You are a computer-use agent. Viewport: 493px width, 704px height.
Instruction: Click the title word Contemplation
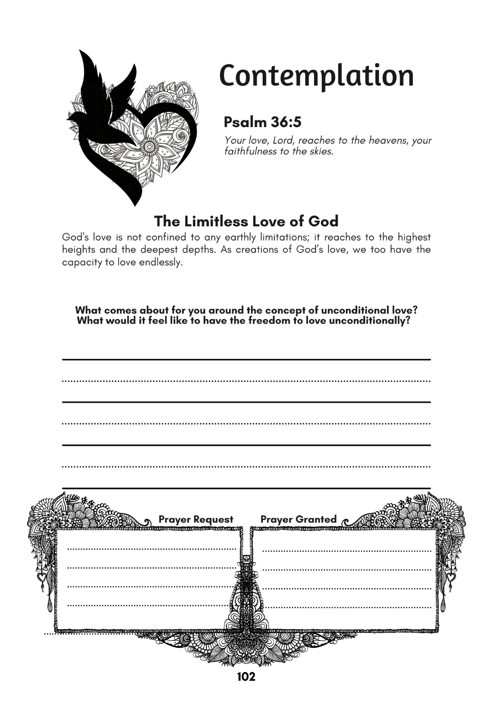pos(316,76)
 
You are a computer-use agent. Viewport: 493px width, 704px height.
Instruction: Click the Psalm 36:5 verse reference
pos(262,122)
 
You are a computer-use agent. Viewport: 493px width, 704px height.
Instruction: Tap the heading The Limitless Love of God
pos(246,221)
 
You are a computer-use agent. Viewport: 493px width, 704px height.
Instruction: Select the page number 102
pos(246,677)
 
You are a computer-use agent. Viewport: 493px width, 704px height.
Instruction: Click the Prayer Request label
pos(196,519)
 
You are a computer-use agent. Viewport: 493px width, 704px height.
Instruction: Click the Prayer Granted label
pos(298,519)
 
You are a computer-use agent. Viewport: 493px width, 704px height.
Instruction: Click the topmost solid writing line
pos(246,360)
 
